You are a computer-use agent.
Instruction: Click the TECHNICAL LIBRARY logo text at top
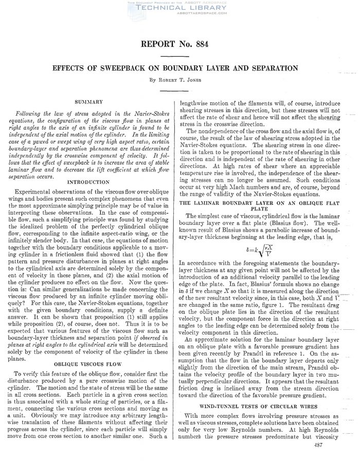(x=179, y=8)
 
